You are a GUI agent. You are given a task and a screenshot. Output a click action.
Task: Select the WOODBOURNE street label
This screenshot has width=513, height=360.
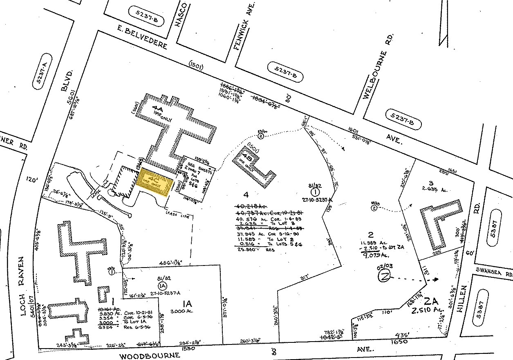(x=150, y=355)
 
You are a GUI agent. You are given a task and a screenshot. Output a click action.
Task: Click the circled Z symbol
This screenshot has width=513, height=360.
(x=383, y=278)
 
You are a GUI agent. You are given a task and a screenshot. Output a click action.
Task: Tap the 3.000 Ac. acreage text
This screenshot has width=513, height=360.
(x=181, y=310)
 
